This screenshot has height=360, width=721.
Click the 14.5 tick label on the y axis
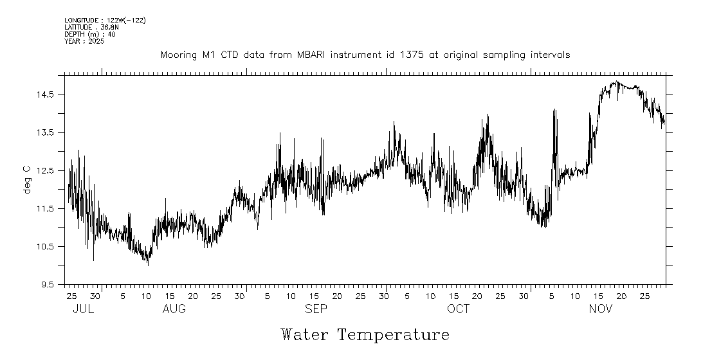pos(46,94)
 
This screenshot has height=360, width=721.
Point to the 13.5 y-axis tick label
pos(46,132)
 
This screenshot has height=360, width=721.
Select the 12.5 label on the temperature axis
pos(46,170)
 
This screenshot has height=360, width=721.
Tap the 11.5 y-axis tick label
pos(46,208)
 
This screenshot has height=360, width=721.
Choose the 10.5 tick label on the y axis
pos(46,247)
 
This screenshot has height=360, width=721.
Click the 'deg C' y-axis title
pos(27,180)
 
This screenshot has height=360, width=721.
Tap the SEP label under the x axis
pos(316,309)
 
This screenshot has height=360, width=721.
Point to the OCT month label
pos(459,309)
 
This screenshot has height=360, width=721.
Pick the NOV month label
pos(601,309)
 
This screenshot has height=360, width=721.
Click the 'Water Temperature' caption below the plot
pos(365,335)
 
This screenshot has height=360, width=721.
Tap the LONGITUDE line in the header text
pos(105,21)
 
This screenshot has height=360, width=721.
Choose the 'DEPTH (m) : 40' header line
pos(90,34)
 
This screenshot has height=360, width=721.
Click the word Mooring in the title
pos(179,55)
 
